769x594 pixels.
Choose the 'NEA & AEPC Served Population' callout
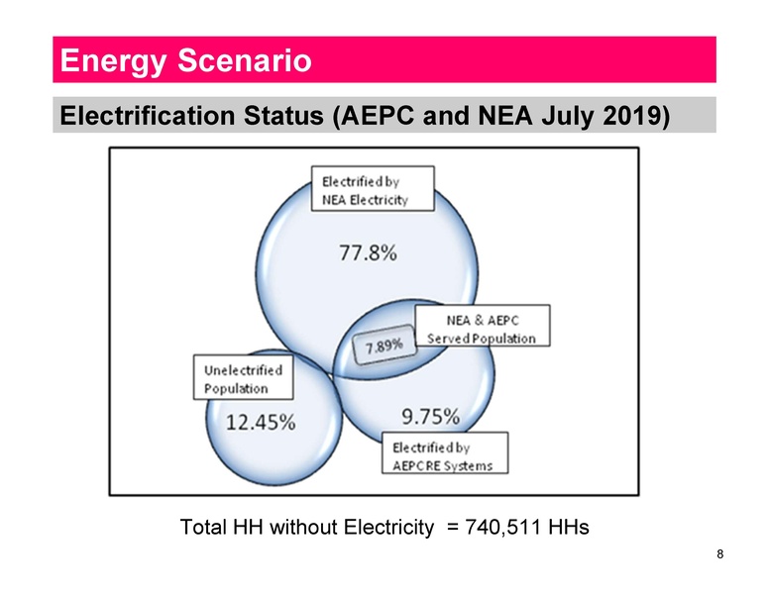(482, 329)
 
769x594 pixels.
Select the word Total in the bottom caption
(202, 526)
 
